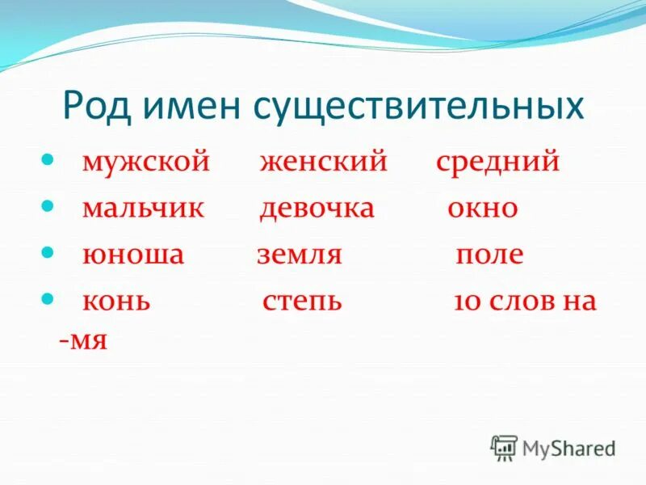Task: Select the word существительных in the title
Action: pyautogui.click(x=419, y=107)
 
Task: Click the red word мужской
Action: pyautogui.click(x=145, y=162)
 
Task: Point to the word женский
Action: pyautogui.click(x=324, y=162)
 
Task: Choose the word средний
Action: pyautogui.click(x=497, y=162)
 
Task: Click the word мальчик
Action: pyautogui.click(x=144, y=209)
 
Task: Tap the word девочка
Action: pyautogui.click(x=317, y=209)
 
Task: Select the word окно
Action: pyautogui.click(x=482, y=209)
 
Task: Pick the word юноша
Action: pyautogui.click(x=133, y=255)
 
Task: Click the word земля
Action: pyautogui.click(x=300, y=255)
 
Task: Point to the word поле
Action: pyautogui.click(x=489, y=255)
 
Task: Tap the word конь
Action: pyautogui.click(x=116, y=302)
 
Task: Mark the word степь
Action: pyautogui.click(x=302, y=302)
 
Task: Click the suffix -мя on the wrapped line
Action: pyautogui.click(x=83, y=339)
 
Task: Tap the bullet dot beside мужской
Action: pyautogui.click(x=48, y=158)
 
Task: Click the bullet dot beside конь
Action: pyautogui.click(x=48, y=298)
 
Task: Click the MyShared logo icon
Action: pyautogui.click(x=504, y=447)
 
